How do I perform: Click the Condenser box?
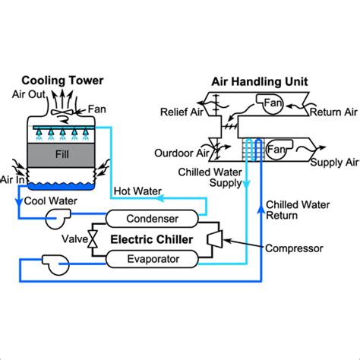click(152, 219)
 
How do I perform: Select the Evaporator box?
click(152, 259)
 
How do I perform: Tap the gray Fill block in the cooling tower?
click(61, 154)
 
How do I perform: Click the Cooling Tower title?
click(62, 81)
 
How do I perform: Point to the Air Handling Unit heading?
click(260, 81)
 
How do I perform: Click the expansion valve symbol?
click(93, 239)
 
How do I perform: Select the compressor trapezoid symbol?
click(215, 238)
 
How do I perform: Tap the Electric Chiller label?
click(152, 239)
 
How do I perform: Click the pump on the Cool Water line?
click(57, 218)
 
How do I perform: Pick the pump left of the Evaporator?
click(56, 264)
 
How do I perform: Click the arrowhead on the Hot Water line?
click(159, 198)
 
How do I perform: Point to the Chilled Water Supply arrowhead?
click(246, 185)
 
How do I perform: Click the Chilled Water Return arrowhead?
click(261, 209)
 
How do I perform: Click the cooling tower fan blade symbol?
click(62, 112)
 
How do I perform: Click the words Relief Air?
click(182, 112)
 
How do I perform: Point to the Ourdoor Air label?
click(182, 153)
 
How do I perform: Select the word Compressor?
click(294, 248)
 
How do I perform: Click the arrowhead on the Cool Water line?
click(19, 202)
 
